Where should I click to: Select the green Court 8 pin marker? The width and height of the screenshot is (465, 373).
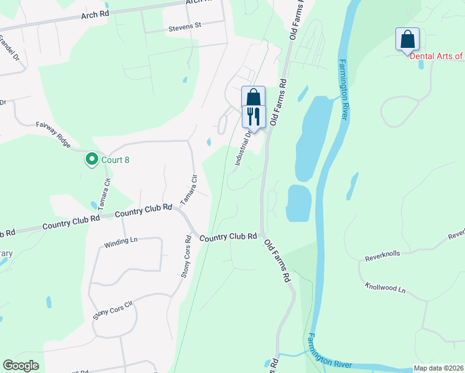click(x=91, y=160)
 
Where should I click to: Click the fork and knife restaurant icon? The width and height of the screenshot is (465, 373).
click(x=254, y=116)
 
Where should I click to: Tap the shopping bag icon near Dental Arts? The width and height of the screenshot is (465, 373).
click(x=407, y=39)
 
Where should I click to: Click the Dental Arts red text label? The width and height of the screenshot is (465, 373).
click(x=436, y=56)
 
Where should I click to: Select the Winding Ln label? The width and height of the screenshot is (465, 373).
click(x=121, y=242)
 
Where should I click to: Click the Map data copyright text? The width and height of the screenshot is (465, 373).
click(x=438, y=368)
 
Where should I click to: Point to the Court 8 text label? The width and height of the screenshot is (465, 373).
click(x=115, y=160)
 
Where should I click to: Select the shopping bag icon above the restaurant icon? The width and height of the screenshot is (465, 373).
click(x=253, y=98)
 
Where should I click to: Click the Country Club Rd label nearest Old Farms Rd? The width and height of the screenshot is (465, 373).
click(x=228, y=237)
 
